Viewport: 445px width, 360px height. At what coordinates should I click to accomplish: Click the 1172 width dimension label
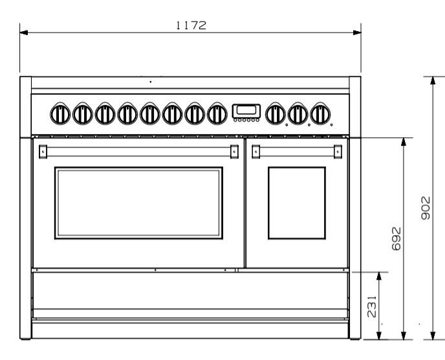point(191,25)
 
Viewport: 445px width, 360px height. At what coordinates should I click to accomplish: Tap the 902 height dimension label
point(426,208)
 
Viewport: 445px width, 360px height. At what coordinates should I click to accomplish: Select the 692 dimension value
point(396,239)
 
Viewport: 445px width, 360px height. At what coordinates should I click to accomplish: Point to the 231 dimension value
point(372,306)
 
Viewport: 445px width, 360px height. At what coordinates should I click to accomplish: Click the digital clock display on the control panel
point(246,111)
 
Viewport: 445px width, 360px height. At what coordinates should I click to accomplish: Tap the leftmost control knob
point(60,114)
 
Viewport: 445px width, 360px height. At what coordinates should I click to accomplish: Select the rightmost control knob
point(320,114)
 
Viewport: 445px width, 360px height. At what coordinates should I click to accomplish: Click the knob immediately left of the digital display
point(217,114)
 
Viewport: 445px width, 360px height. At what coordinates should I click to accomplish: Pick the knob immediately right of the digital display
point(276,114)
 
